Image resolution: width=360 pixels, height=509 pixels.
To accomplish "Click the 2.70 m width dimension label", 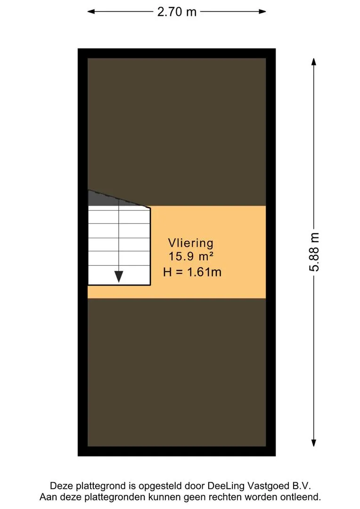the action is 177,12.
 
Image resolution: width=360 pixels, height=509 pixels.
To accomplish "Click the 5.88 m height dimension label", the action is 314,252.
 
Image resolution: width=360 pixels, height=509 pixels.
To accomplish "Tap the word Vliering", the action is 190,243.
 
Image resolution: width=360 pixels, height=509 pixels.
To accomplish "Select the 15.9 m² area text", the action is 191,256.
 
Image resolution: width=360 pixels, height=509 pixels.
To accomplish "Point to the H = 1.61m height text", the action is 192,272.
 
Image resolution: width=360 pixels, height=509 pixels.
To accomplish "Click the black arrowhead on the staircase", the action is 119,277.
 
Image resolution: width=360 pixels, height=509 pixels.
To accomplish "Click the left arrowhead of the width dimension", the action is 91,12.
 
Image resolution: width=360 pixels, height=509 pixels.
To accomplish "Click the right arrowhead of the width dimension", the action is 262,12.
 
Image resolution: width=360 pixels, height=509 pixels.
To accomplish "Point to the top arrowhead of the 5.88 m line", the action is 313,62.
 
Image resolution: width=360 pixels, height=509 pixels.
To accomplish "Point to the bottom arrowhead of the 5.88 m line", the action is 313,443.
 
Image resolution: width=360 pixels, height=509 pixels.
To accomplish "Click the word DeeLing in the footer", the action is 226,486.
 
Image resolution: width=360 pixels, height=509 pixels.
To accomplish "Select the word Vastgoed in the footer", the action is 268,486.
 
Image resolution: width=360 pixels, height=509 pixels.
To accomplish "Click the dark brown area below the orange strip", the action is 177,372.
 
